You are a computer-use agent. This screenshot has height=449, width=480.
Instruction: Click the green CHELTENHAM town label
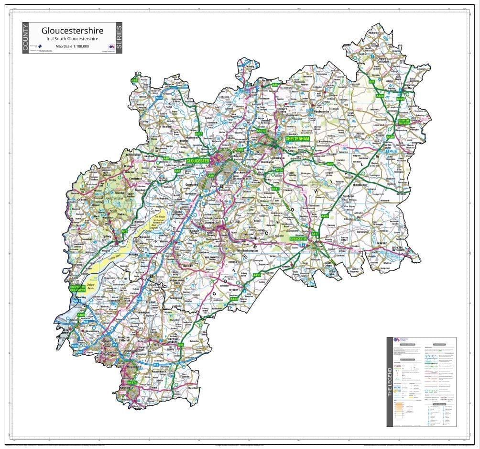coord(297,139)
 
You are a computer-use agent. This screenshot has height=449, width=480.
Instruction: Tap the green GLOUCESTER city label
coord(197,161)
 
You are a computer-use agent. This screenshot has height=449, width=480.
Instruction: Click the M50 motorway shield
coord(159,98)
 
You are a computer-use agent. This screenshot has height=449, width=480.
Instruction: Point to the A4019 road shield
coord(261,130)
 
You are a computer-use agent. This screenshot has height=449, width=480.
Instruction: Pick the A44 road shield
coord(371,82)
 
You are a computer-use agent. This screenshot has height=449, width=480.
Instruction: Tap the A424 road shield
coord(380,96)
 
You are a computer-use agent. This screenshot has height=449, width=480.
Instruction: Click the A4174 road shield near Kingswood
coord(132,383)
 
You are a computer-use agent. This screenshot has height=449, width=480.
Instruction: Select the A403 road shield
coord(81,315)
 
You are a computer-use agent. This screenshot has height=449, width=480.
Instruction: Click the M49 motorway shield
coord(75,346)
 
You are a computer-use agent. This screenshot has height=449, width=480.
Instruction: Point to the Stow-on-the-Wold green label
coord(404,122)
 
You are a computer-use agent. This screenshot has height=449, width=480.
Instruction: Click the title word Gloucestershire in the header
coord(72,31)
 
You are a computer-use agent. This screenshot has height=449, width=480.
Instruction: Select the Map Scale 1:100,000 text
coord(72,46)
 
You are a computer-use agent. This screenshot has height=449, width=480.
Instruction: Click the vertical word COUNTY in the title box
coord(26,38)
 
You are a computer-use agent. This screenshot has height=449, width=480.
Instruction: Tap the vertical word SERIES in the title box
coord(119,38)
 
